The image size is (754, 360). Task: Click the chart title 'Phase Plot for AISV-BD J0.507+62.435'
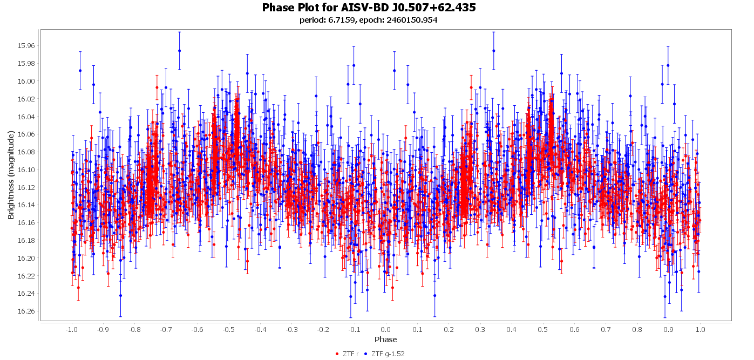click(369, 8)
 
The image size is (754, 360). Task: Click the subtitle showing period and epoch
click(369, 20)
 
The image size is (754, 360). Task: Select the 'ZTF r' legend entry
click(350, 354)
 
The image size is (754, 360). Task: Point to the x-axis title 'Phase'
click(385, 339)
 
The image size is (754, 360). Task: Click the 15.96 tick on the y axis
click(26, 46)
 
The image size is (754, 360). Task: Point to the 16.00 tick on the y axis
click(26, 81)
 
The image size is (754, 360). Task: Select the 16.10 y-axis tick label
click(26, 170)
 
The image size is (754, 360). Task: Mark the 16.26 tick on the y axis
click(26, 311)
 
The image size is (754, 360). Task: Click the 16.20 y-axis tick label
click(26, 259)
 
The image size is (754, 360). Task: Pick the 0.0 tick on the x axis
click(385, 329)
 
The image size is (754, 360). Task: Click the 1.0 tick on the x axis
click(700, 329)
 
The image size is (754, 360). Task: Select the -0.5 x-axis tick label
click(228, 329)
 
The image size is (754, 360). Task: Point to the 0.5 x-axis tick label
click(543, 329)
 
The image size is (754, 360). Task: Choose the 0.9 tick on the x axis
click(669, 329)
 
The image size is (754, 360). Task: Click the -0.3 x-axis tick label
click(291, 329)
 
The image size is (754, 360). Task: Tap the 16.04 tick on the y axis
click(26, 117)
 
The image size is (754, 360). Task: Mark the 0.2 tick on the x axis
click(449, 329)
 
